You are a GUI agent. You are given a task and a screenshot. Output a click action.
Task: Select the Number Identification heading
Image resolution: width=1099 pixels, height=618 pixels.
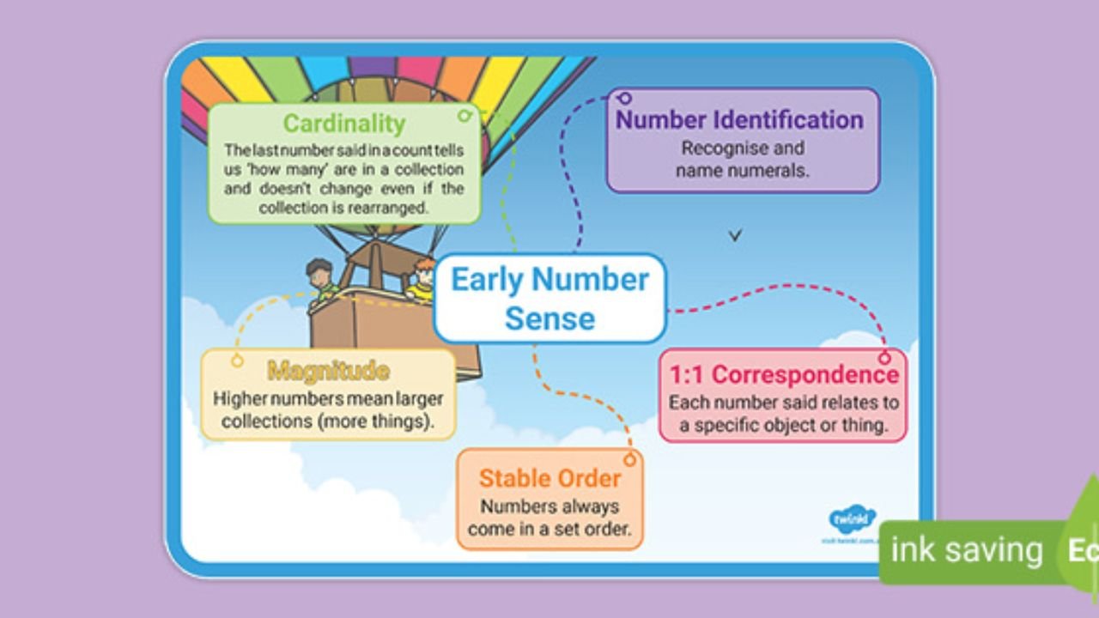tap(739, 119)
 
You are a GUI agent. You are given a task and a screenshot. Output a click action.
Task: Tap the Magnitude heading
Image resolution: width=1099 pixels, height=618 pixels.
tap(328, 371)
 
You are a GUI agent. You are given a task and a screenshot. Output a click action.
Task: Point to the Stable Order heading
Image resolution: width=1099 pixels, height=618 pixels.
tap(549, 478)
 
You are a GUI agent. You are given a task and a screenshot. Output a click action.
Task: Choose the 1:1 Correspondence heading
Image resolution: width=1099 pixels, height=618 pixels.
tap(783, 375)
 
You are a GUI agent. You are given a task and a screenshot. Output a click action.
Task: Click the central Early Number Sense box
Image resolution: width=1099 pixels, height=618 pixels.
tap(549, 298)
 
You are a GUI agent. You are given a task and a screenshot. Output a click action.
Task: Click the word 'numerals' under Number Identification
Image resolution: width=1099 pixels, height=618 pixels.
tap(774, 170)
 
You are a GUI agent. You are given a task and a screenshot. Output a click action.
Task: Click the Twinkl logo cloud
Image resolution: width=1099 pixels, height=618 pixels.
tap(852, 519)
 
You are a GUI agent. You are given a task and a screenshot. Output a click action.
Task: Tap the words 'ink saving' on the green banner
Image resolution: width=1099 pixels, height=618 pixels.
tap(966, 550)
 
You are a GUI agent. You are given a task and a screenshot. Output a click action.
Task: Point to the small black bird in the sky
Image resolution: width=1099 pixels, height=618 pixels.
tap(735, 234)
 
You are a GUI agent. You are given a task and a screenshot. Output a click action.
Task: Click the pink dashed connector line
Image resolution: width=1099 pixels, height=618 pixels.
tap(773, 292)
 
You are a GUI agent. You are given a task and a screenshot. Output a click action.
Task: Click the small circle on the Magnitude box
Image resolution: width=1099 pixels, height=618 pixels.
tap(237, 361)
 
